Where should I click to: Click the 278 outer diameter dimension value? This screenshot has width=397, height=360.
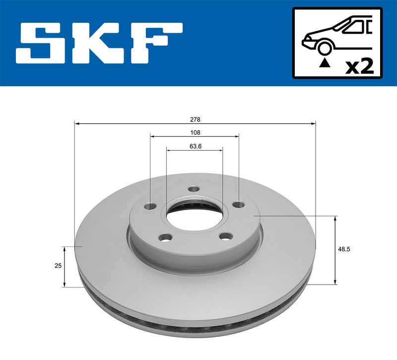(x=195, y=120)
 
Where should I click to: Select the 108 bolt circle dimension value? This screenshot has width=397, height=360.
(x=195, y=133)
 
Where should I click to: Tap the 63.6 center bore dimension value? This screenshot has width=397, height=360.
(x=195, y=146)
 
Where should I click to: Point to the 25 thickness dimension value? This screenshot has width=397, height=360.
(x=58, y=266)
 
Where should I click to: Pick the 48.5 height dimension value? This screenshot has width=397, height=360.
(x=344, y=250)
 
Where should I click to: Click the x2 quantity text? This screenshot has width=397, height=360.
(x=359, y=66)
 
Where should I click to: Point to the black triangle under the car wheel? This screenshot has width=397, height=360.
(x=325, y=62)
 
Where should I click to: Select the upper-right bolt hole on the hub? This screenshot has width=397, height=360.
(x=239, y=204)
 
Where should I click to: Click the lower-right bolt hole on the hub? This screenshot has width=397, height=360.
(x=226, y=237)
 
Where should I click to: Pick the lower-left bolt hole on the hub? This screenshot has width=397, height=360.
(x=166, y=238)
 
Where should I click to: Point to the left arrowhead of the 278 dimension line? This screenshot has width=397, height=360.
(x=76, y=122)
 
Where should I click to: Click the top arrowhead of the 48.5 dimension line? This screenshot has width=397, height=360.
(x=336, y=219)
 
